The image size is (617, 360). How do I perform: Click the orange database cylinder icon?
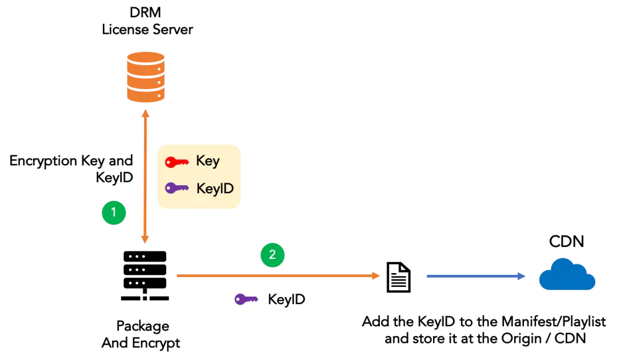(x=145, y=77)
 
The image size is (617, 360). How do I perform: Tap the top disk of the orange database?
(x=145, y=58)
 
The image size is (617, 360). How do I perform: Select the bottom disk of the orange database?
(x=145, y=95)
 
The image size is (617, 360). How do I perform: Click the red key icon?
(x=177, y=162)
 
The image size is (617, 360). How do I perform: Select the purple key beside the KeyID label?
(x=177, y=188)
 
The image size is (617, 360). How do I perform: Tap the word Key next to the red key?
(x=207, y=162)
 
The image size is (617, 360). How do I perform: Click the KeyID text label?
(x=214, y=188)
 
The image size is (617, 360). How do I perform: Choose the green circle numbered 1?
(x=114, y=213)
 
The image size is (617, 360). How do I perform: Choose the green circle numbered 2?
(x=273, y=255)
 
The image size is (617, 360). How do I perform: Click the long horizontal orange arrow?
(x=274, y=277)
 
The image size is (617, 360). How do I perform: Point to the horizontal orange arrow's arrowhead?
(x=376, y=277)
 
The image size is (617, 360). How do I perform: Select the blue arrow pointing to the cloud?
(x=474, y=277)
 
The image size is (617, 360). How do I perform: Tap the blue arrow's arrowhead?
(x=521, y=277)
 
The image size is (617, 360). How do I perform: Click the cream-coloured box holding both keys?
(x=199, y=175)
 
